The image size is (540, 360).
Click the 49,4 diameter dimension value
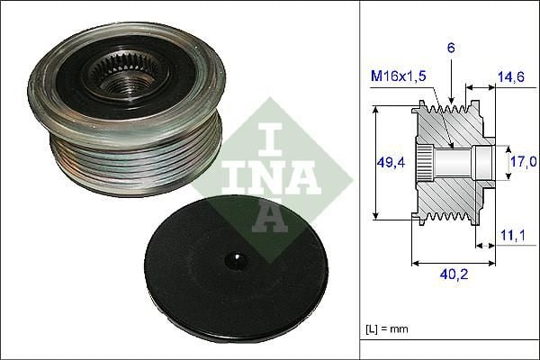point(389,163)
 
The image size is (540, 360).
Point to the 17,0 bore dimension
point(522,163)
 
